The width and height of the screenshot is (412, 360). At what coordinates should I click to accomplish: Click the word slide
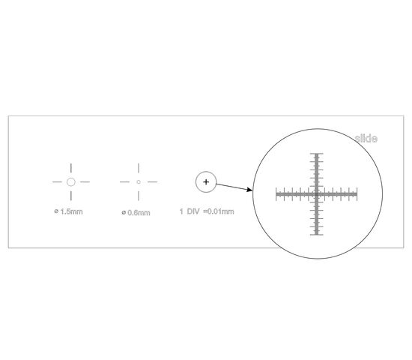[x=366, y=139]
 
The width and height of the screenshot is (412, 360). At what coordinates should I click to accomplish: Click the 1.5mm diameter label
[x=68, y=211]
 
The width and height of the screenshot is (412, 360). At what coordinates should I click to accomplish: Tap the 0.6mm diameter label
[x=136, y=213]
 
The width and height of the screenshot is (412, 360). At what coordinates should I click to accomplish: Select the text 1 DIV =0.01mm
[x=207, y=211]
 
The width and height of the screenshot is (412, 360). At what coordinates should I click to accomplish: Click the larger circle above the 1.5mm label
[x=71, y=178]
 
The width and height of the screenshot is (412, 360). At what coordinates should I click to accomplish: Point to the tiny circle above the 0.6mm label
[x=139, y=181]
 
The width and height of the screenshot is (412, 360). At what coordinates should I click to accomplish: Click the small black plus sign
[x=206, y=181]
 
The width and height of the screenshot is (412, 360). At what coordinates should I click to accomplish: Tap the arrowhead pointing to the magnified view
[x=249, y=190]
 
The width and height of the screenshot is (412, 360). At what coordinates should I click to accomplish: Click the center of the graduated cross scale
[x=317, y=194]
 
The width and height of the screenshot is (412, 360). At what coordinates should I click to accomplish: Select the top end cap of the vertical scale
[x=317, y=154]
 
